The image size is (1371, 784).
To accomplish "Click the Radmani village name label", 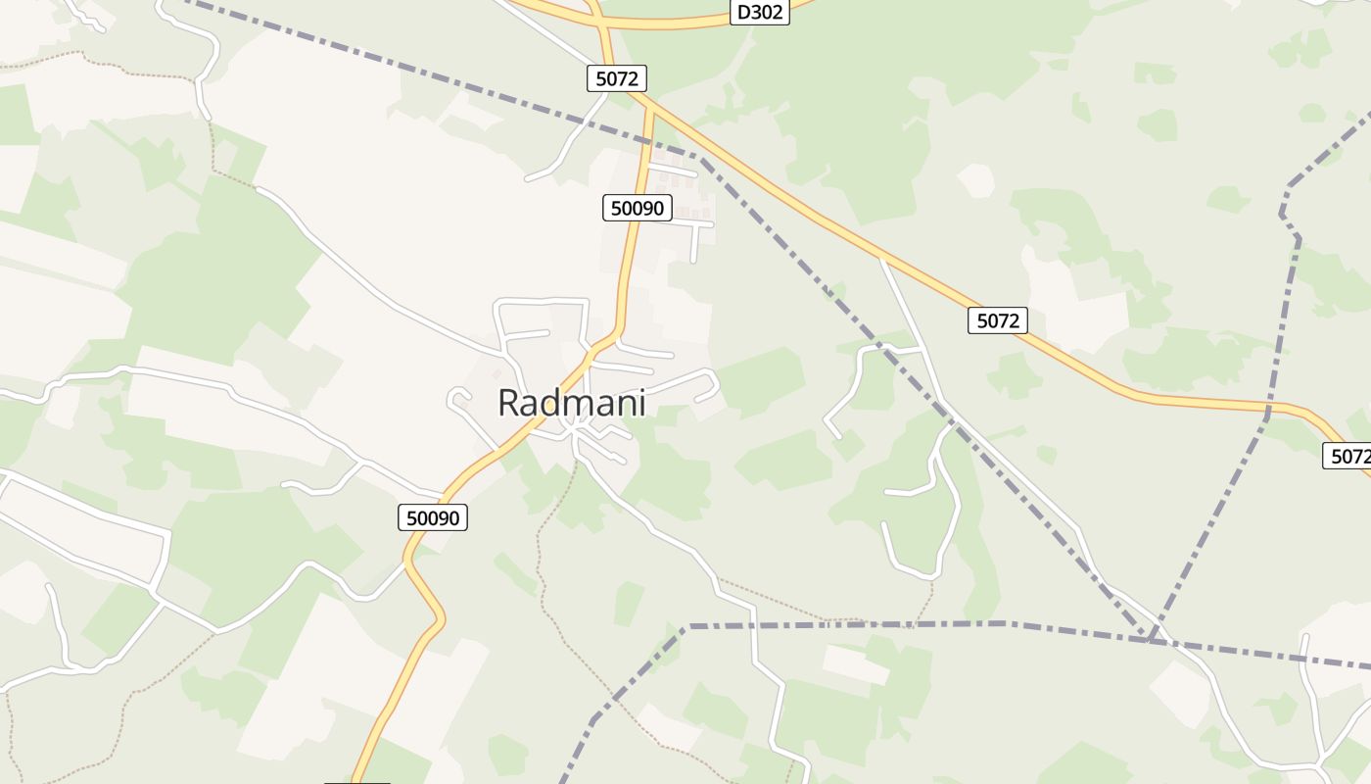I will tap(572, 403).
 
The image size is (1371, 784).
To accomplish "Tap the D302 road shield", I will tap(760, 13).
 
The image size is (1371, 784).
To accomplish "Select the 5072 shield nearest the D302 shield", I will tap(617, 78).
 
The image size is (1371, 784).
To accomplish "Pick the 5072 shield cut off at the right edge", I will tap(1348, 456).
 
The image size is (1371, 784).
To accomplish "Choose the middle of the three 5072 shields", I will tap(997, 320).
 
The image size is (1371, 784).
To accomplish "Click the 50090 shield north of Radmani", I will tap(637, 208).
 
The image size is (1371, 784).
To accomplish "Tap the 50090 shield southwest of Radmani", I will tap(433, 517).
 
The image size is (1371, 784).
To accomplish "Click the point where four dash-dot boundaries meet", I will tap(1152, 640).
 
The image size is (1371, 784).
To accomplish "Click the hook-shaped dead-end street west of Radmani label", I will tap(456, 396).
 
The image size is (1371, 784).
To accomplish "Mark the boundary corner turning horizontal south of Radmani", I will tap(689, 625).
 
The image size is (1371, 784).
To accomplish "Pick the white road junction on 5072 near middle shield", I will tap(881, 259).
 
